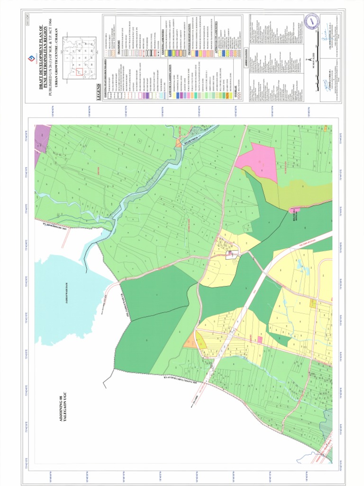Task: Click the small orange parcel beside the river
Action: point(179,141)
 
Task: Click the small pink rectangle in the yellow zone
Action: point(259,339)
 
